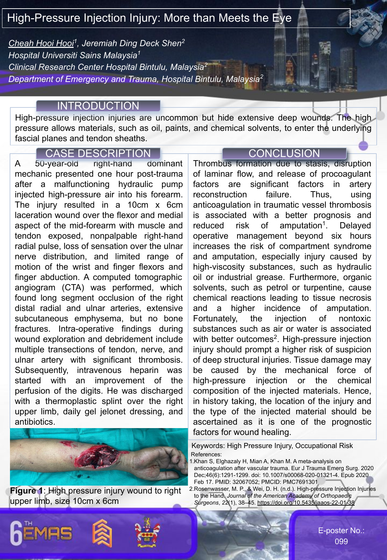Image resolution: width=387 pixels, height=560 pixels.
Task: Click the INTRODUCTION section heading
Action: click(98, 106)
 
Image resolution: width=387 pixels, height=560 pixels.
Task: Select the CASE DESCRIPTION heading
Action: click(98, 153)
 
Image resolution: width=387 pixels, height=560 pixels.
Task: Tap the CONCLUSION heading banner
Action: click(284, 153)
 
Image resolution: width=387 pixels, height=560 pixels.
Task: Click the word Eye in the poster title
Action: click(282, 18)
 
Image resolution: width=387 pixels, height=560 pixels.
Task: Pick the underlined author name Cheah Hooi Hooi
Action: click(41, 43)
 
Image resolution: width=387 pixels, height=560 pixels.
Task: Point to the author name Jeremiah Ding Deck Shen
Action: click(131, 43)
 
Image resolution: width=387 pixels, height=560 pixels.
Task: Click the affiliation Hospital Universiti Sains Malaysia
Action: click(73, 55)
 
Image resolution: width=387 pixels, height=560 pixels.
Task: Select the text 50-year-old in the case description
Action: click(56, 164)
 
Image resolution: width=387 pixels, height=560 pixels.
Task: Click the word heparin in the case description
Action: click(144, 370)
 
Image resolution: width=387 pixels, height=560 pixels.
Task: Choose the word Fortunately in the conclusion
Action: click(215, 319)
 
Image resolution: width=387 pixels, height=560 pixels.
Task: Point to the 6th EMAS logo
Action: click(41, 533)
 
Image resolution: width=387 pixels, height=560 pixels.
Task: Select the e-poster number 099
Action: click(341, 541)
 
